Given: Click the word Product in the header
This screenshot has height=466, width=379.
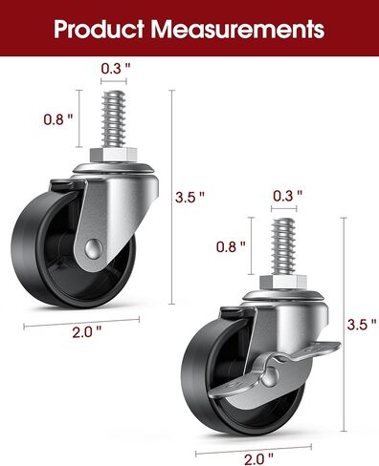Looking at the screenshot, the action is (x=99, y=29).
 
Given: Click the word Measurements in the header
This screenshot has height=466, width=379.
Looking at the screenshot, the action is (x=237, y=29).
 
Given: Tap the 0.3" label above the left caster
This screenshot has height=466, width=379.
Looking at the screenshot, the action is (x=116, y=68).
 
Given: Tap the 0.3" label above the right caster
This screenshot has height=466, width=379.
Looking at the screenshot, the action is (x=287, y=196).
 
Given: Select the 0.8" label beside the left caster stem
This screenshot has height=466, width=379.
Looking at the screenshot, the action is (x=58, y=119).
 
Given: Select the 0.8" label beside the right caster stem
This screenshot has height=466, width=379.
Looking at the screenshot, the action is (x=231, y=246).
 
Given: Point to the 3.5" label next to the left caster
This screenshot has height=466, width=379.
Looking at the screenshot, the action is (x=189, y=197).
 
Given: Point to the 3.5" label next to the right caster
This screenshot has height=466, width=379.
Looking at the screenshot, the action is (x=362, y=325).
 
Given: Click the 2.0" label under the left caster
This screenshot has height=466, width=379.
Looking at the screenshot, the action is (x=87, y=332).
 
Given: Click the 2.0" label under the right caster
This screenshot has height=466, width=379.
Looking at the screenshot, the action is (x=258, y=459).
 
